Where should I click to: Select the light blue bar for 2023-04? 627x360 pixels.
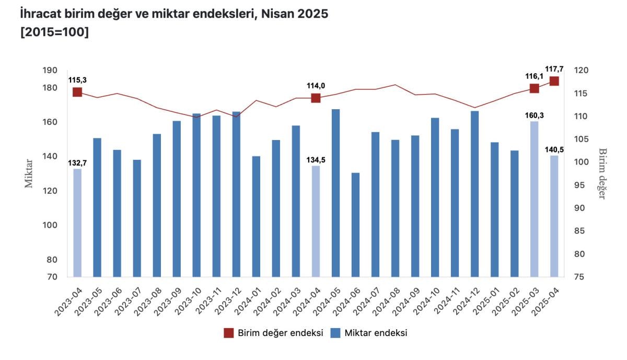click(77, 223)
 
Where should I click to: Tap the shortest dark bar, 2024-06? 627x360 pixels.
click(355, 224)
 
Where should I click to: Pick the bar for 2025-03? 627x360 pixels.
click(534, 199)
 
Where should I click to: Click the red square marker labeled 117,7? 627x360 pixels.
click(554, 81)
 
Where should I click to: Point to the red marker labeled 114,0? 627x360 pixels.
click(316, 98)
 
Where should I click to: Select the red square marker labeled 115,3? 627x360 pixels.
click(77, 92)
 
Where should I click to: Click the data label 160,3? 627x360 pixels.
click(534, 114)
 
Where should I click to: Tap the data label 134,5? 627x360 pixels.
click(316, 160)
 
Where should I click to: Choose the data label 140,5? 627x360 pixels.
click(554, 149)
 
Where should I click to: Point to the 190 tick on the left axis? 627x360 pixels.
click(50, 71)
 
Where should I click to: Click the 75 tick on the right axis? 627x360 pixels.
click(580, 277)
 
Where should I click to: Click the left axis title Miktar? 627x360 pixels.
click(29, 173)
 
